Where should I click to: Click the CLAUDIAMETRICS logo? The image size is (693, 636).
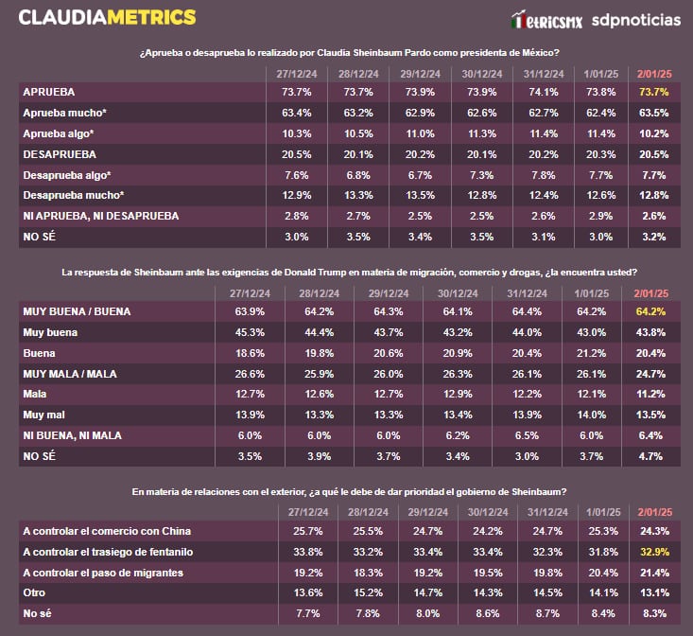(x=107, y=17)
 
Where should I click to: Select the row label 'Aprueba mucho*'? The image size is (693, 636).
(x=64, y=113)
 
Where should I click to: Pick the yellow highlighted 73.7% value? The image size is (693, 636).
(x=654, y=92)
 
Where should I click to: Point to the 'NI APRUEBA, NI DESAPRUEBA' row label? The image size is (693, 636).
(x=100, y=216)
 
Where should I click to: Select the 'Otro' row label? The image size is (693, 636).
(x=35, y=593)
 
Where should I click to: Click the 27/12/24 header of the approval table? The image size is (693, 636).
(x=295, y=73)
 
